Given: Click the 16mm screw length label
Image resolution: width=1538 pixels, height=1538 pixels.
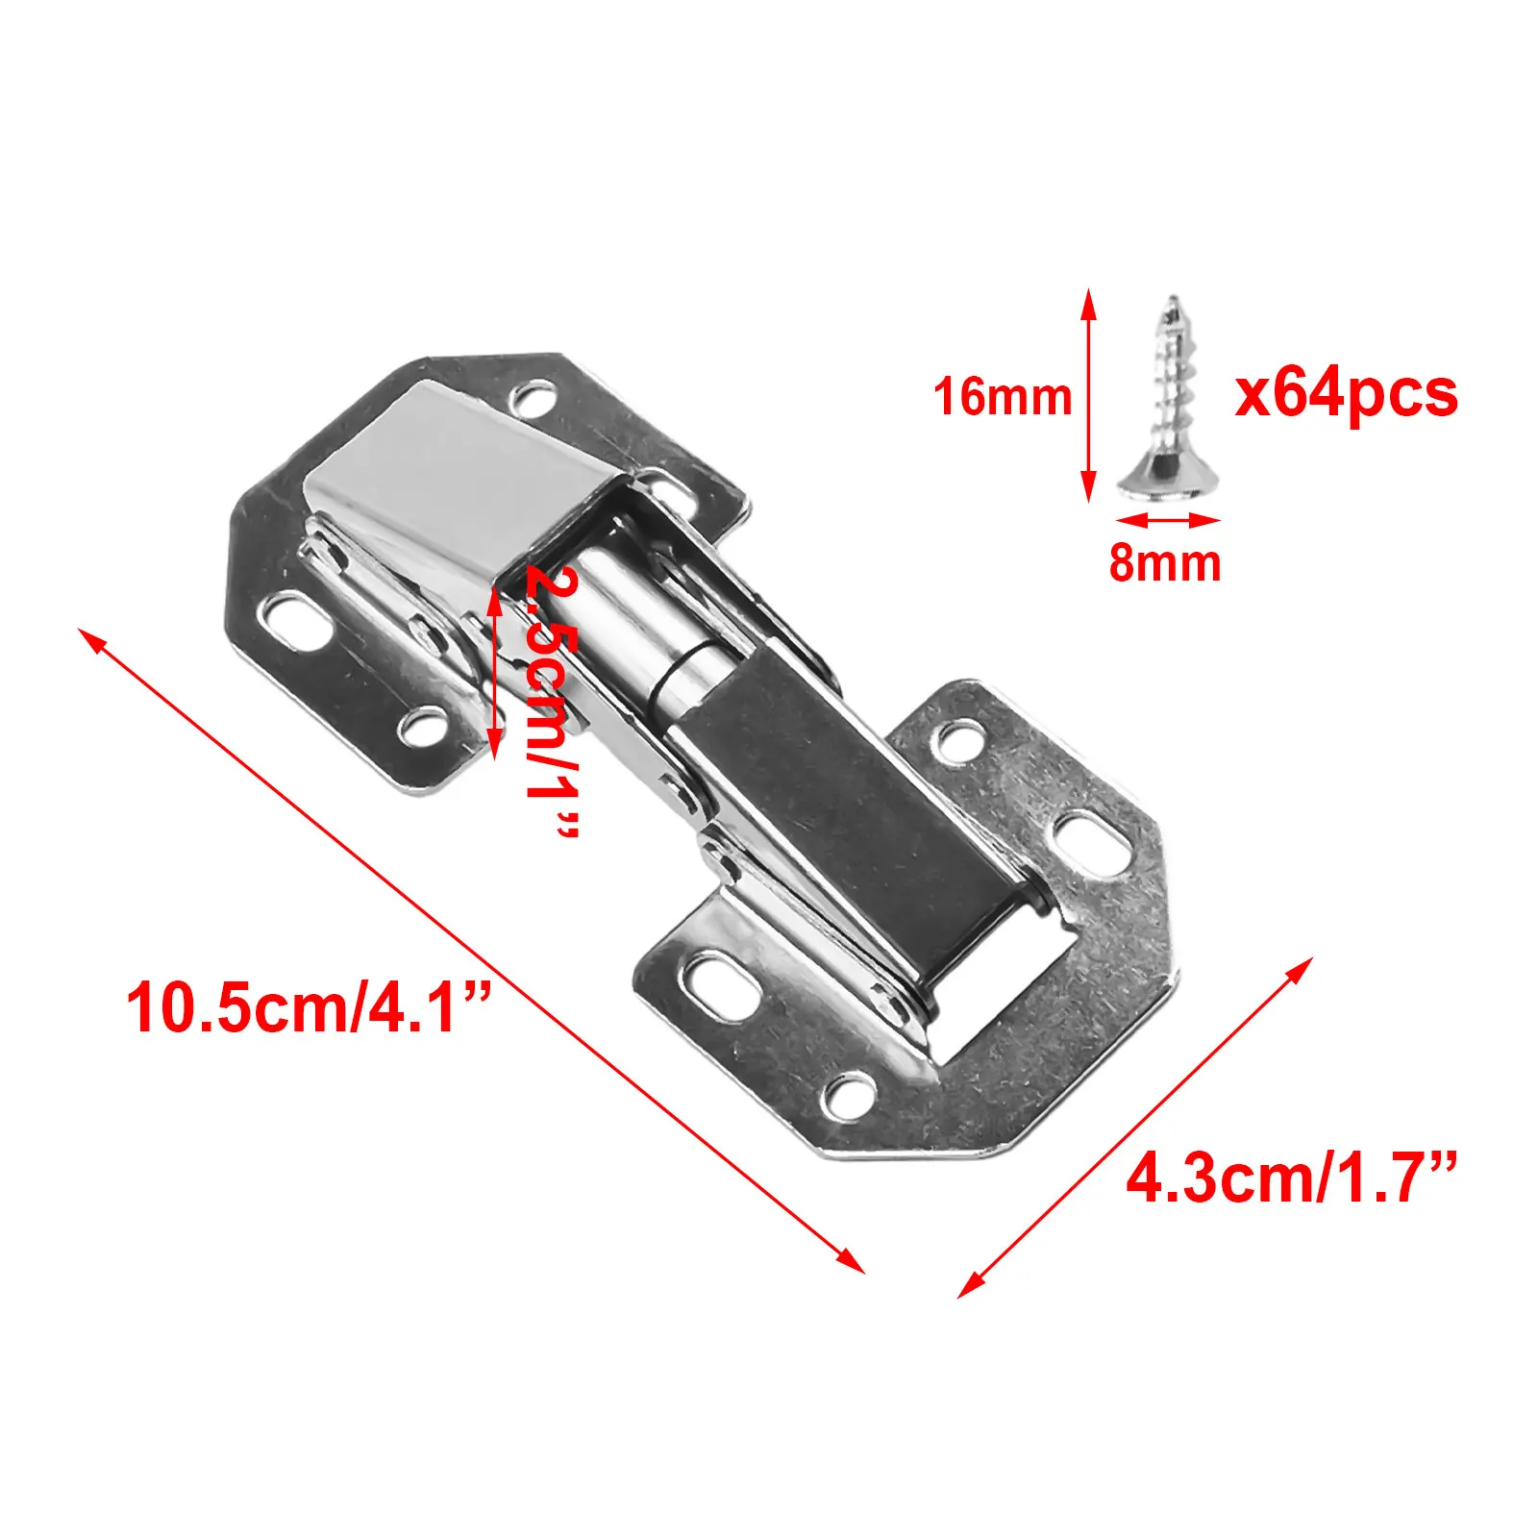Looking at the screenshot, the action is click(x=1003, y=397).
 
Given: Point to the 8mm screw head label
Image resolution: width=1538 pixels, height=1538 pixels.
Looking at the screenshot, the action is click(x=1165, y=562).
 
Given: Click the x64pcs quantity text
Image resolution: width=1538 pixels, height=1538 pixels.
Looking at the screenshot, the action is click(x=1347, y=393).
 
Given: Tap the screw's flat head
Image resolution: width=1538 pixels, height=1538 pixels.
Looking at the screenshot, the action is click(x=1164, y=481).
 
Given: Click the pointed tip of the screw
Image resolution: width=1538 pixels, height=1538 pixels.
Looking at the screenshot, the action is click(x=1172, y=297).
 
